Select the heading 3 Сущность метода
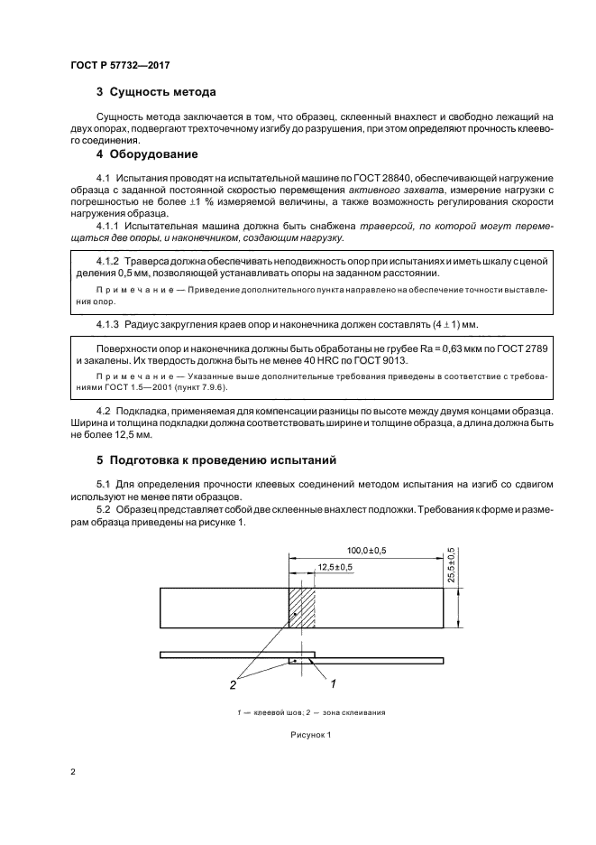coord(155,92)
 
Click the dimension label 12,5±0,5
coord(334,566)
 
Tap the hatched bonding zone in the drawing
coord(301,608)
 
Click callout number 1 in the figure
coord(333,682)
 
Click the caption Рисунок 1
coord(310,734)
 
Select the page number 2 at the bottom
coord(73,772)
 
